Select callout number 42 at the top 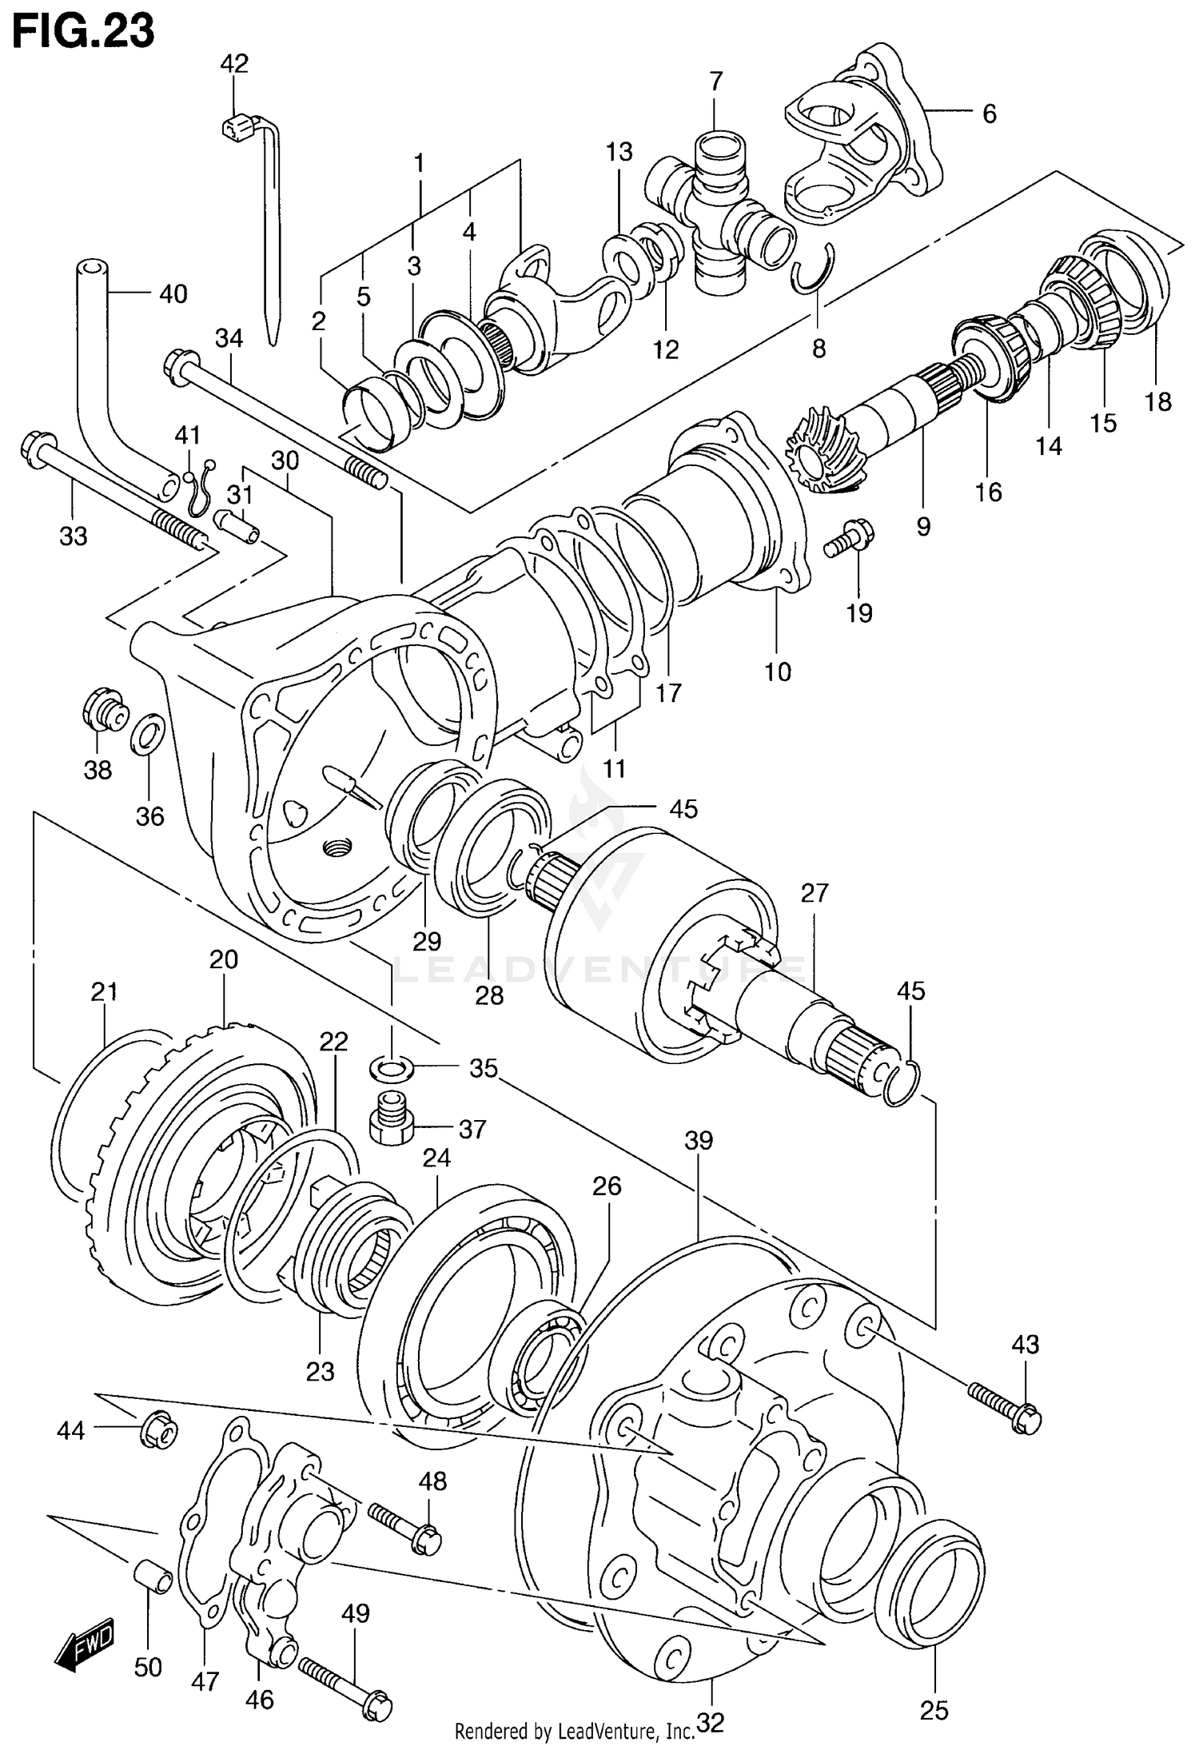(234, 63)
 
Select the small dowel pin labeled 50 (153, 1577)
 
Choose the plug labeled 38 (104, 709)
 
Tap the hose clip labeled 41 (200, 490)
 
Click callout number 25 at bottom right (934, 1709)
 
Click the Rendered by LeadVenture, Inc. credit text (574, 1731)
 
